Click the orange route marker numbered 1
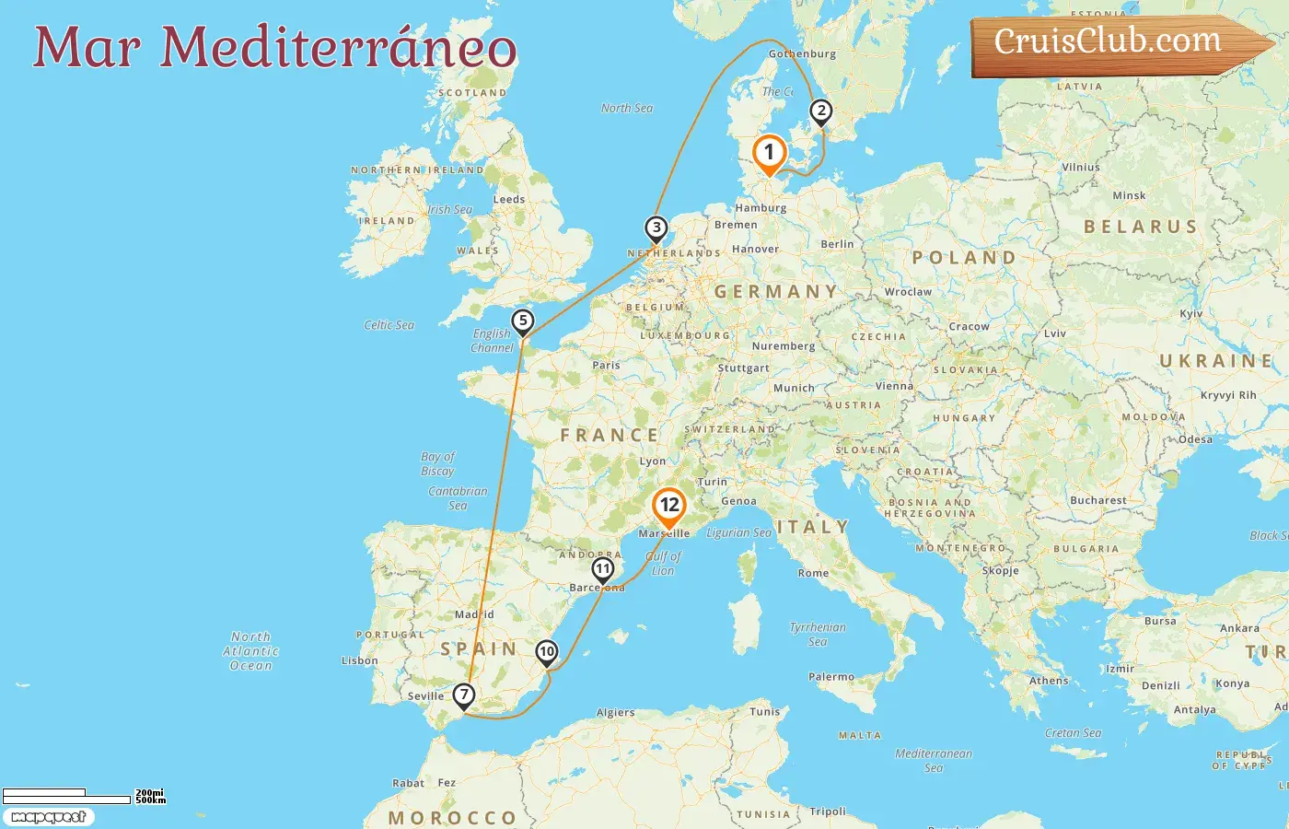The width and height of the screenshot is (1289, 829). pos(769,154)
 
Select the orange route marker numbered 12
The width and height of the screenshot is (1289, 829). pos(669,506)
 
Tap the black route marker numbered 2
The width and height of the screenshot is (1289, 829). pos(820,112)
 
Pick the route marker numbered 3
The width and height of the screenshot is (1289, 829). pos(656,228)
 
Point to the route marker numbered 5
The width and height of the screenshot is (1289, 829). pos(523,321)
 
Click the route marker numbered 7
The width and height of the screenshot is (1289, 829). pos(464,695)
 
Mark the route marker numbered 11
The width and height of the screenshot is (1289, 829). pos(603,569)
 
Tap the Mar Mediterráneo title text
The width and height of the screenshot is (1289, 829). pos(274,48)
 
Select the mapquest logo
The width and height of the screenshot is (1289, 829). pos(48,817)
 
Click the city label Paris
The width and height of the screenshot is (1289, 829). pos(606,366)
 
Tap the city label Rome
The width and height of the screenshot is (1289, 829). pos(813,573)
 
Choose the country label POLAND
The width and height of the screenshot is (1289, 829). pos(964,258)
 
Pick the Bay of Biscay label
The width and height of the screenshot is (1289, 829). pos(437,463)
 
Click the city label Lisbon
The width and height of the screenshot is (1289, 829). pos(359,660)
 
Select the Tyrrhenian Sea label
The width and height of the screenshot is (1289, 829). pos(817,635)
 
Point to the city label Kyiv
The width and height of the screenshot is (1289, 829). pos(1190,314)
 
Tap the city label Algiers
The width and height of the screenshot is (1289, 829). pos(615,713)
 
